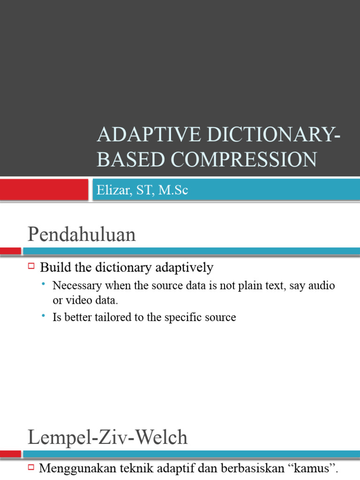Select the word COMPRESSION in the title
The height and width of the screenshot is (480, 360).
click(244, 159)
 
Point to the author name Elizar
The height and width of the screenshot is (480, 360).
click(112, 190)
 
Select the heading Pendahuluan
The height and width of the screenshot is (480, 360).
click(82, 234)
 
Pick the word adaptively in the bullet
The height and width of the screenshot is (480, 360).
click(187, 268)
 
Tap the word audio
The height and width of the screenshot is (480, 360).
click(322, 285)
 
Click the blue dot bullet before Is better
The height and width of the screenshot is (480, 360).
click(43, 316)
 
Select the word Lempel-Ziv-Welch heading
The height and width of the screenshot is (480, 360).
click(107, 437)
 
